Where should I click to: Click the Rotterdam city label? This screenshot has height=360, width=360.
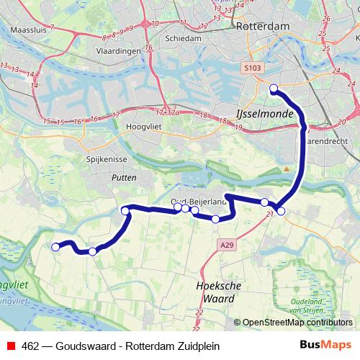point(265,26)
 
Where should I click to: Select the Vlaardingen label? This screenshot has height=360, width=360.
point(118,52)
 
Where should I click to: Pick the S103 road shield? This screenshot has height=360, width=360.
point(250,67)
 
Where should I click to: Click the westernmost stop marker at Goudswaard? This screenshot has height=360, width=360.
point(55,247)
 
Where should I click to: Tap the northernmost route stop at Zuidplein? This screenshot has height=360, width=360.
point(274,89)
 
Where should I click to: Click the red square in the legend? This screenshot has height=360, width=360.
point(10,345)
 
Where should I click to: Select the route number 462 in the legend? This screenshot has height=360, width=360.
point(32,345)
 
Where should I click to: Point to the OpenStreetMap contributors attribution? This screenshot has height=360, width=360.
point(296,323)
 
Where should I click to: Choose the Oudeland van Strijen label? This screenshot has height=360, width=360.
point(309,304)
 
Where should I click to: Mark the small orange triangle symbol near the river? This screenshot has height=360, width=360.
point(286,168)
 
